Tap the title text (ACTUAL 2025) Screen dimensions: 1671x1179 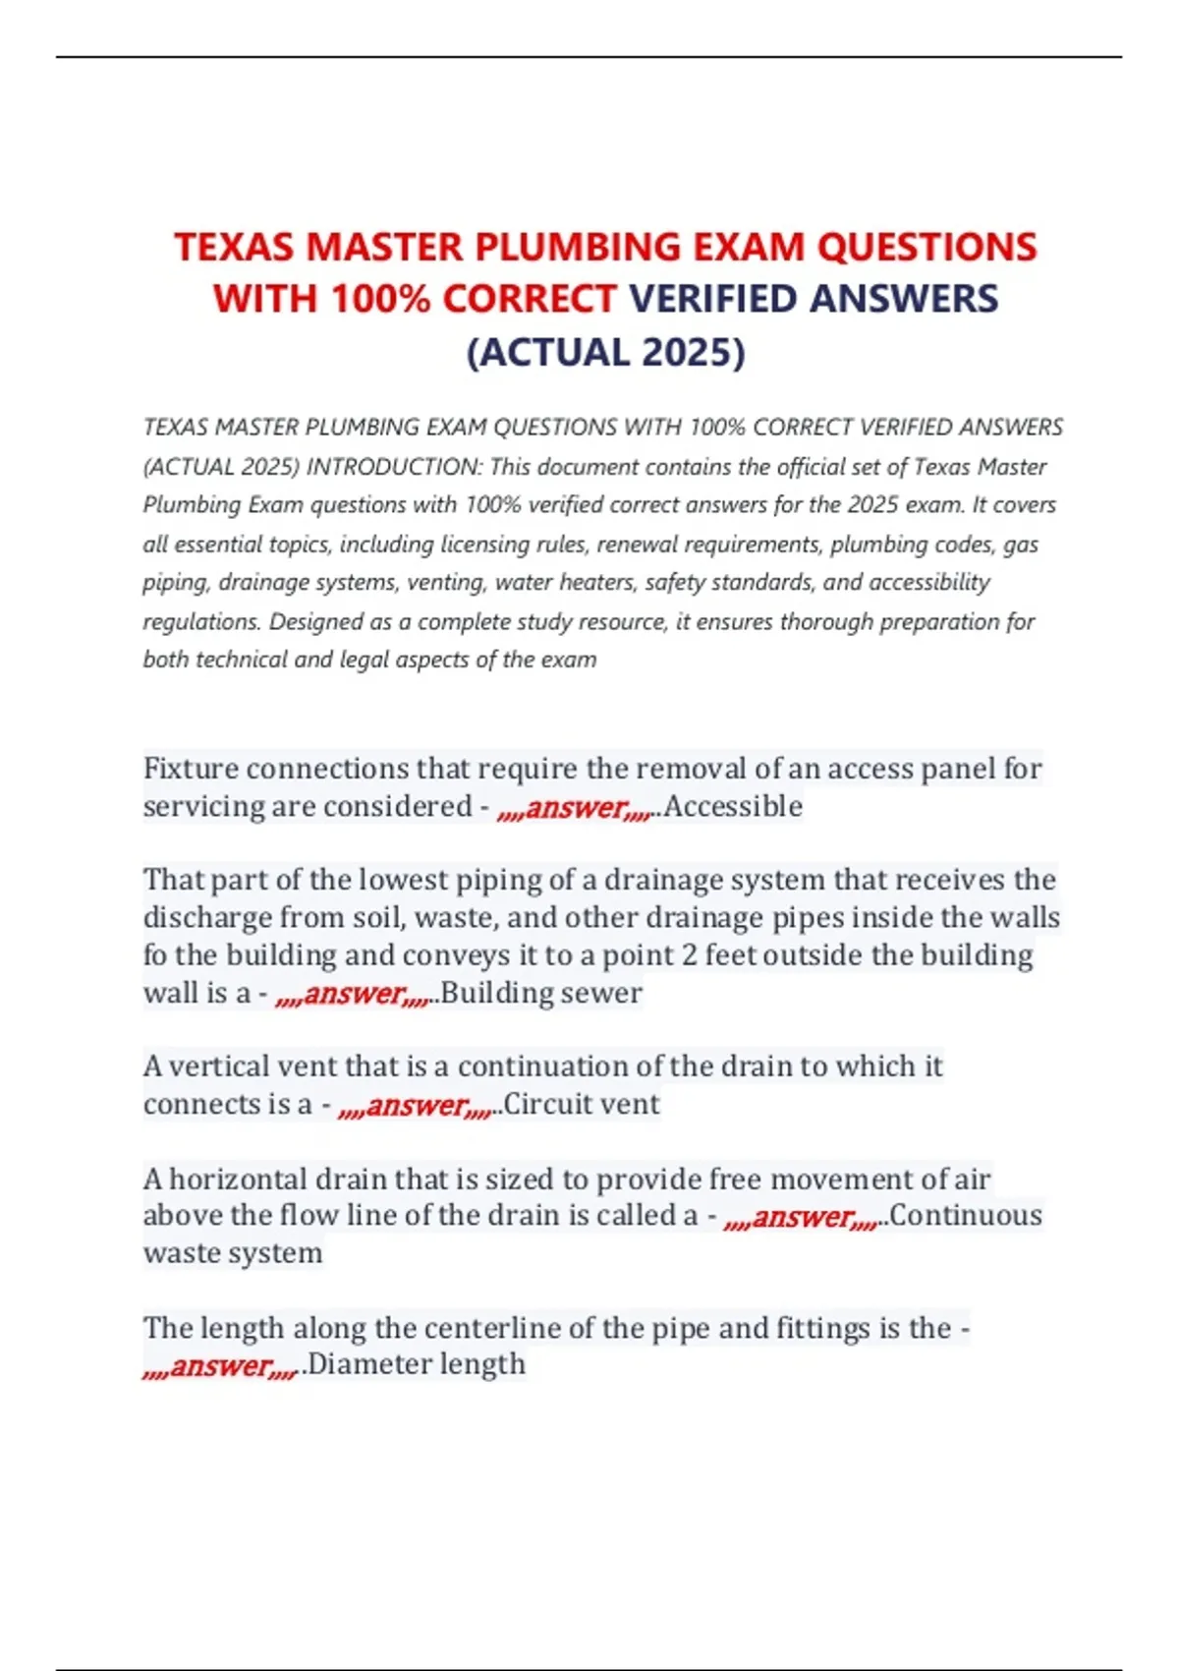coord(605,352)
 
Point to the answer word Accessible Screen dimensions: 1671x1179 coord(733,807)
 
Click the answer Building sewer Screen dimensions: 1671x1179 coord(541,994)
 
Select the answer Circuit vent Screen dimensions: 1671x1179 coord(582,1105)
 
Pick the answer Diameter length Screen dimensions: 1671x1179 coord(417,1364)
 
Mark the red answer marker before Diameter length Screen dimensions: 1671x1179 coord(219,1366)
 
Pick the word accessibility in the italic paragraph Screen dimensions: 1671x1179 coord(928,583)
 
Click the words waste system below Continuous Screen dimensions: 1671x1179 coord(233,1253)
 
